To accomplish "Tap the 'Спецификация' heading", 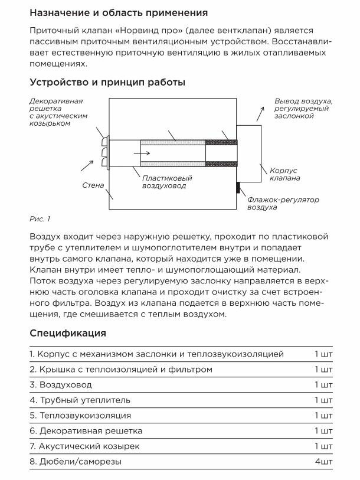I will coord(68,333).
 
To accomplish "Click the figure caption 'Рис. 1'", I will coord(40,219).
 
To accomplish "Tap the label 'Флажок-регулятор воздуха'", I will coord(283,204).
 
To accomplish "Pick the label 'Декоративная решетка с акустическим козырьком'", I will coord(58,112).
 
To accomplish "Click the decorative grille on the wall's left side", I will coord(106,151).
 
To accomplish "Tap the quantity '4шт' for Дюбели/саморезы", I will coord(323,461).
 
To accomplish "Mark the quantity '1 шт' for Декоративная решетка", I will coord(323,430).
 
